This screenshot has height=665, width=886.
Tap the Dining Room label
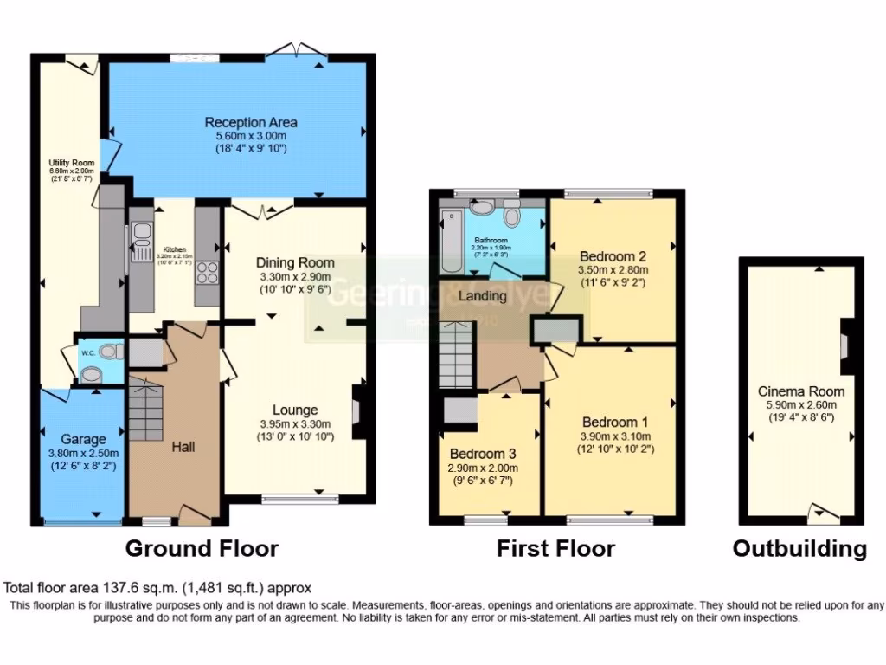click(x=295, y=262)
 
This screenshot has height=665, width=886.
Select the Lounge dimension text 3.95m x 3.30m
click(x=295, y=424)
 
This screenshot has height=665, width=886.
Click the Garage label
click(x=84, y=439)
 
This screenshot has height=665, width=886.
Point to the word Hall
click(x=183, y=447)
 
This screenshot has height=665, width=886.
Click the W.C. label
click(x=87, y=353)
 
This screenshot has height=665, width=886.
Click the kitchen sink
click(x=141, y=242)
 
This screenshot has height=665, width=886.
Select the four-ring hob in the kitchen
click(x=208, y=273)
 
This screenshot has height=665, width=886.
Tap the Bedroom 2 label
click(x=613, y=256)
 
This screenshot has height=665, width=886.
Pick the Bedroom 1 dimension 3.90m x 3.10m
click(x=616, y=436)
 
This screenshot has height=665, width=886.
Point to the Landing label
click(x=483, y=296)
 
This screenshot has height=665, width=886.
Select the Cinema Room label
click(x=801, y=391)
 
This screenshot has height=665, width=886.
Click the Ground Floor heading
click(x=202, y=548)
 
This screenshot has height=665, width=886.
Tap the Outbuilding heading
click(x=799, y=548)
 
